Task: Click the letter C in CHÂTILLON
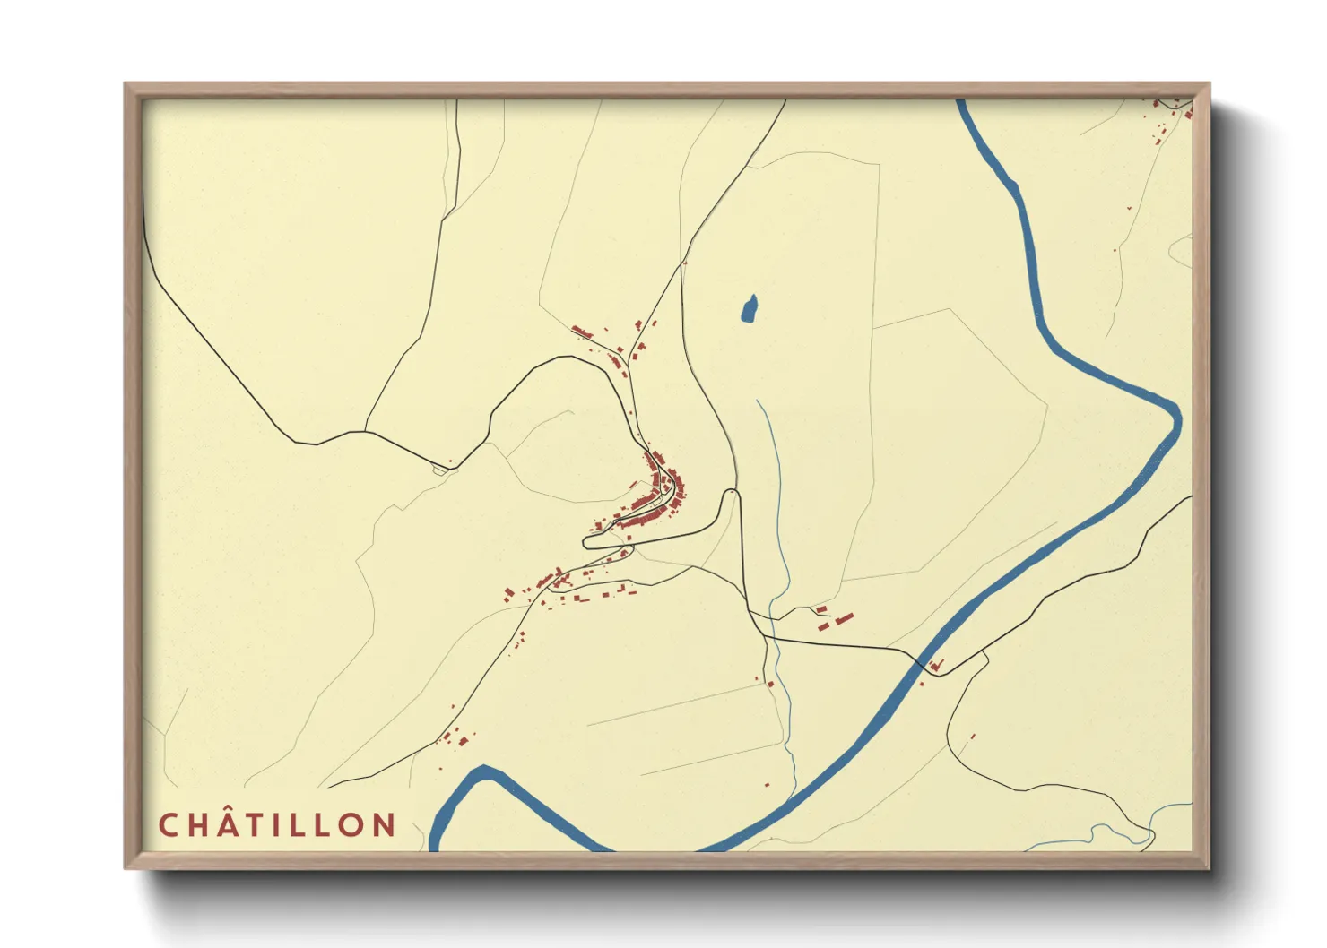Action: [x=168, y=825]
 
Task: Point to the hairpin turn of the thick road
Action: [x=587, y=541]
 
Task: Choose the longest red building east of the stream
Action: [x=843, y=618]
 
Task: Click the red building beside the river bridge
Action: [x=936, y=666]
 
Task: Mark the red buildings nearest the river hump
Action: [x=457, y=739]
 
